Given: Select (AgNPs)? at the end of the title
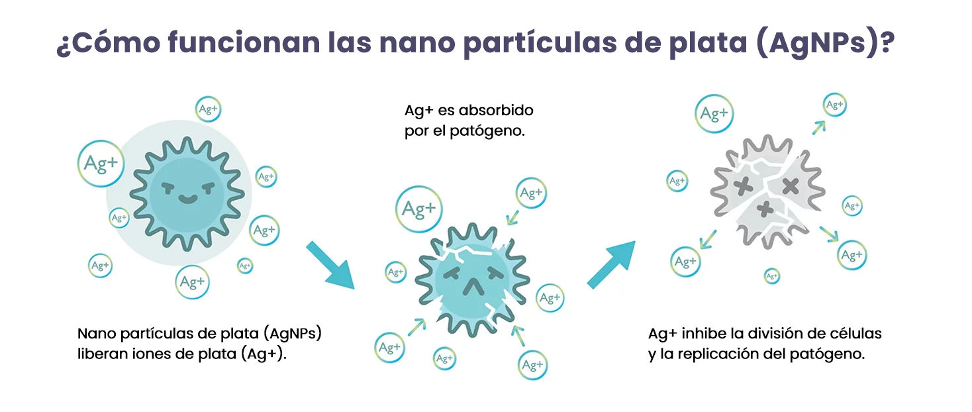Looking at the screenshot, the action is point(825,44).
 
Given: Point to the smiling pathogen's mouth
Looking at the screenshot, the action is point(188,199).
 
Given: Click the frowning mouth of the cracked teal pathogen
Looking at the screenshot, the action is point(473,287).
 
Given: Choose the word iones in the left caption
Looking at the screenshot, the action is point(152,354).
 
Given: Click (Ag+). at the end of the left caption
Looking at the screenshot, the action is point(264,354).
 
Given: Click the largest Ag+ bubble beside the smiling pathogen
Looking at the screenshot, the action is point(101,163).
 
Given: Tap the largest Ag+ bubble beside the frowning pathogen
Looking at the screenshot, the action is point(418,209).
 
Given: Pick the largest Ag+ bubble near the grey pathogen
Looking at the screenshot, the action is point(714,113).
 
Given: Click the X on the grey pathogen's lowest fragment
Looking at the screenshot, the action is point(765,209).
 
